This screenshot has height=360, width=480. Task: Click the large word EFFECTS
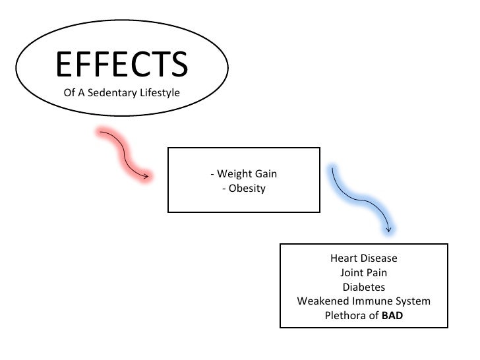[122, 64]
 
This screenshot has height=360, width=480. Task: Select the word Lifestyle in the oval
[158, 93]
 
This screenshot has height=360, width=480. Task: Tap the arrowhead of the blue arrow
[389, 229]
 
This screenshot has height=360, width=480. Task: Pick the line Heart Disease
[364, 258]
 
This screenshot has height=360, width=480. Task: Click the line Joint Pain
[364, 272]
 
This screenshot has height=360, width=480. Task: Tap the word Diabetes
[364, 287]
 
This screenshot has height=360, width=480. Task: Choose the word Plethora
[346, 316]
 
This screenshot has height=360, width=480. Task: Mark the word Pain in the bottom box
[376, 272]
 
